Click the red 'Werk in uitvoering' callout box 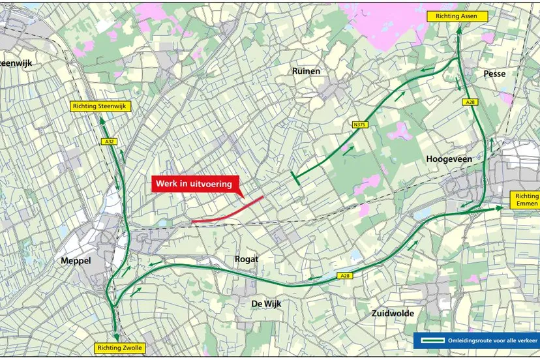point(194,185)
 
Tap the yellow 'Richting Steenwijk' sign point(101,106)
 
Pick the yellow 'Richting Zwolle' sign point(119,348)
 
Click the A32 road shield point(108,140)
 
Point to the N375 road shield point(358,124)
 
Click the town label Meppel point(76,260)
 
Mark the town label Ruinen point(306,70)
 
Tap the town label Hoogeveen point(449,159)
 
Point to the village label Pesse point(494,74)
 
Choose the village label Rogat point(246,259)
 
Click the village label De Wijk point(266,303)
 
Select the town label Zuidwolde point(393,313)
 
